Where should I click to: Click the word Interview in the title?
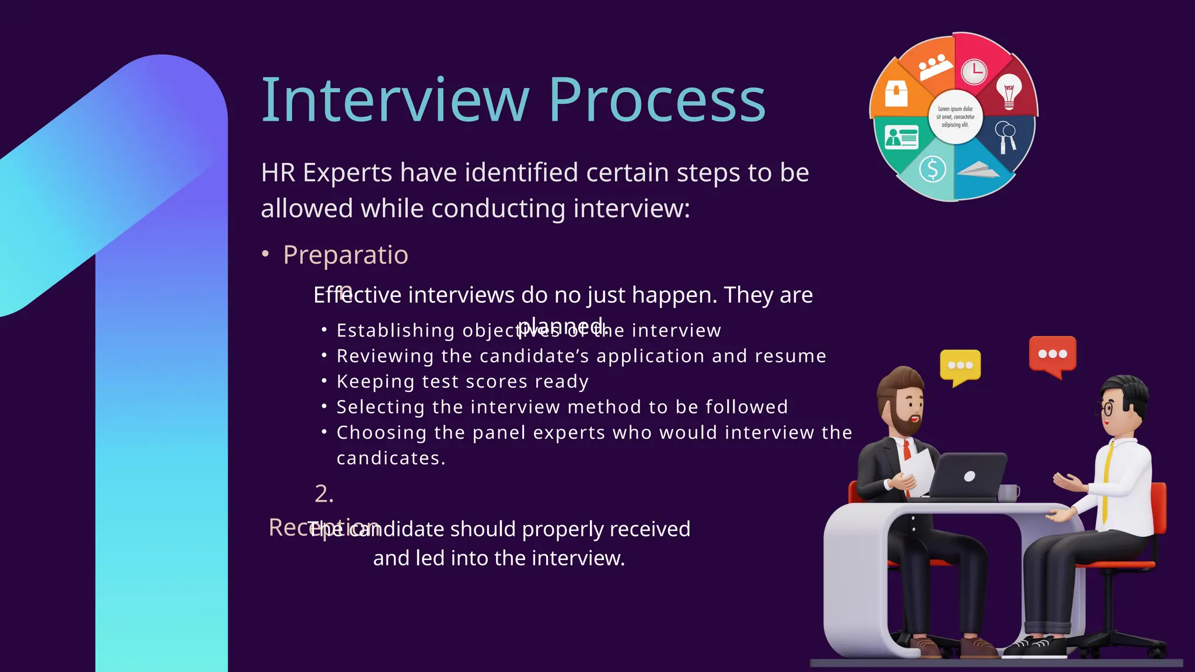tap(394, 100)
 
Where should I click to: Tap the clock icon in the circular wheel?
tap(974, 72)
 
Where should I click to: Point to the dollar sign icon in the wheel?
tap(932, 169)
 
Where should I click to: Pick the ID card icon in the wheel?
tap(902, 138)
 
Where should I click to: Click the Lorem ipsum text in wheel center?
tap(955, 117)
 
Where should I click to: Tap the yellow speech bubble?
tap(960, 366)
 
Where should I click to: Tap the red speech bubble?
tap(1052, 354)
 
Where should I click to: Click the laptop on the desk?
tap(969, 475)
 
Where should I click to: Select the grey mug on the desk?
tap(1008, 493)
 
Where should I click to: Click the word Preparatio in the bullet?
tap(345, 255)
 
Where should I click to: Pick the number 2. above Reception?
tap(324, 494)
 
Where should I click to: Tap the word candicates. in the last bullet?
tap(391, 458)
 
